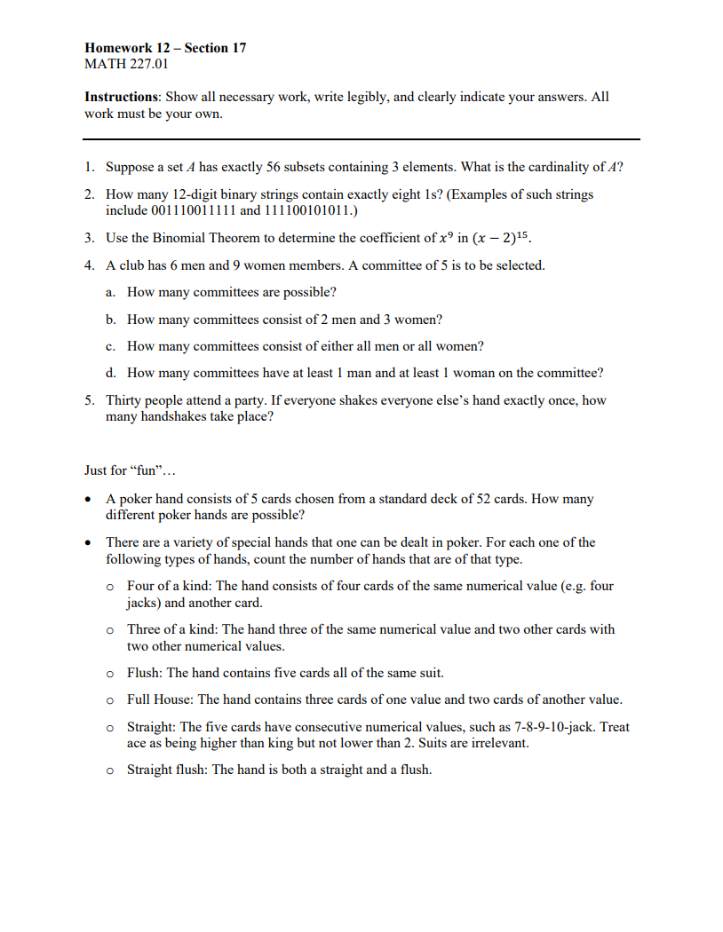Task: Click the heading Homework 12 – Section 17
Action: click(165, 48)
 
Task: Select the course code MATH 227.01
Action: click(126, 64)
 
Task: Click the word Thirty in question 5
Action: click(125, 400)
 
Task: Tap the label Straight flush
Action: click(166, 770)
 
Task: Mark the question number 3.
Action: click(91, 238)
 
